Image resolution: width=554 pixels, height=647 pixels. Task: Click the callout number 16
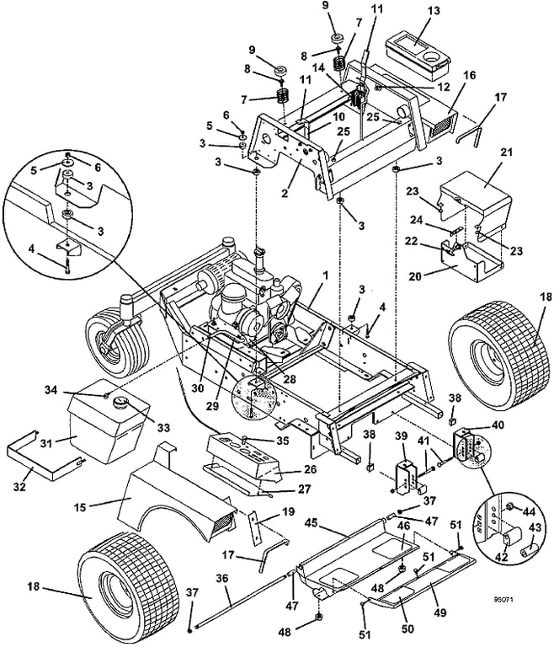pos(467,75)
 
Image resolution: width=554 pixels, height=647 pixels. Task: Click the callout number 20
pos(437,275)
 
